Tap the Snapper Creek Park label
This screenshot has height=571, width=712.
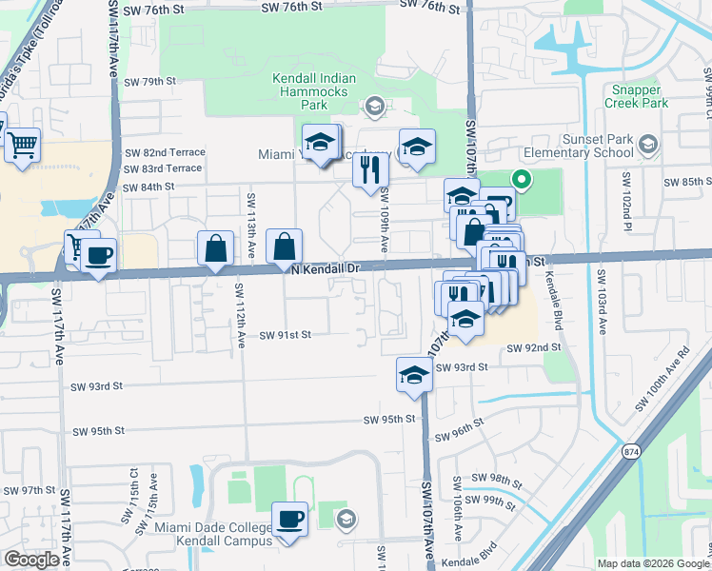[x=637, y=96]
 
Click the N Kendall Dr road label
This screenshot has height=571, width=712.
[x=326, y=269]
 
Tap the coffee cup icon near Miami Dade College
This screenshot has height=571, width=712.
[x=289, y=520]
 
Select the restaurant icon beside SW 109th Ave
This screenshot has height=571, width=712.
[x=370, y=170]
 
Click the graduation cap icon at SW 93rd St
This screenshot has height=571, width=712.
[x=414, y=375]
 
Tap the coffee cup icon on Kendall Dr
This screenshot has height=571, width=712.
[x=98, y=255]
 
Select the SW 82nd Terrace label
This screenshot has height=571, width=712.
[x=164, y=152]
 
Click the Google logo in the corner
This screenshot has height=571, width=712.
[x=31, y=560]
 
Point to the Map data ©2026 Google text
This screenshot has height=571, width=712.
[x=651, y=563]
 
